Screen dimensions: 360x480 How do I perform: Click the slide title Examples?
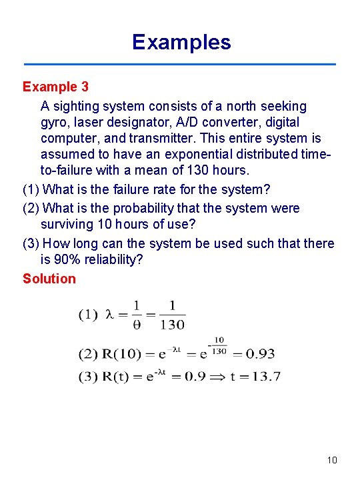pos(181,42)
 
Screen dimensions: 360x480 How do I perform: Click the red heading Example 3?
pos(55,87)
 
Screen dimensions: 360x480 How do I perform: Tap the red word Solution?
pos(49,279)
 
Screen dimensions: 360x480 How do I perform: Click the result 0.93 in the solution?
pos(259,353)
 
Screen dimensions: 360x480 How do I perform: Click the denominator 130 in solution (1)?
pos(173,325)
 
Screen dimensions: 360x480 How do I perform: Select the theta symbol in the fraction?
pos(137,325)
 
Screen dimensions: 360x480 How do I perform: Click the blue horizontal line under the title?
pos(180,65)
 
